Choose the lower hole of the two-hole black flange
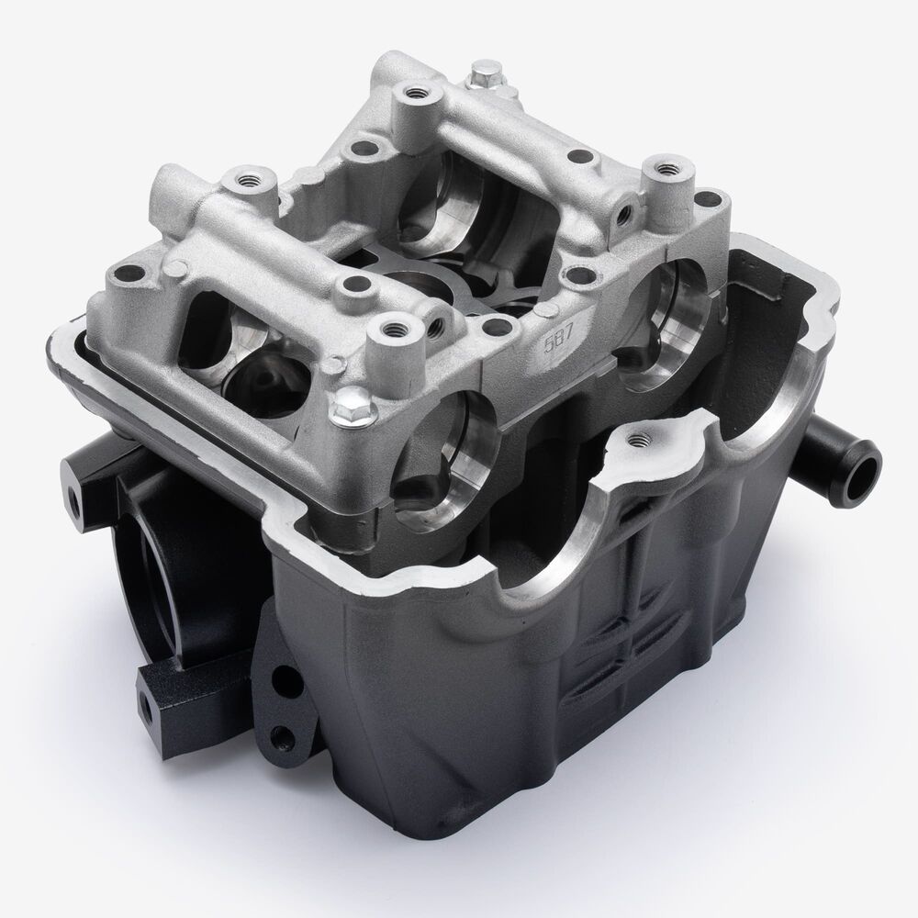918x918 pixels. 282,733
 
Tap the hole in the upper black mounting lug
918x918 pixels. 75,500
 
